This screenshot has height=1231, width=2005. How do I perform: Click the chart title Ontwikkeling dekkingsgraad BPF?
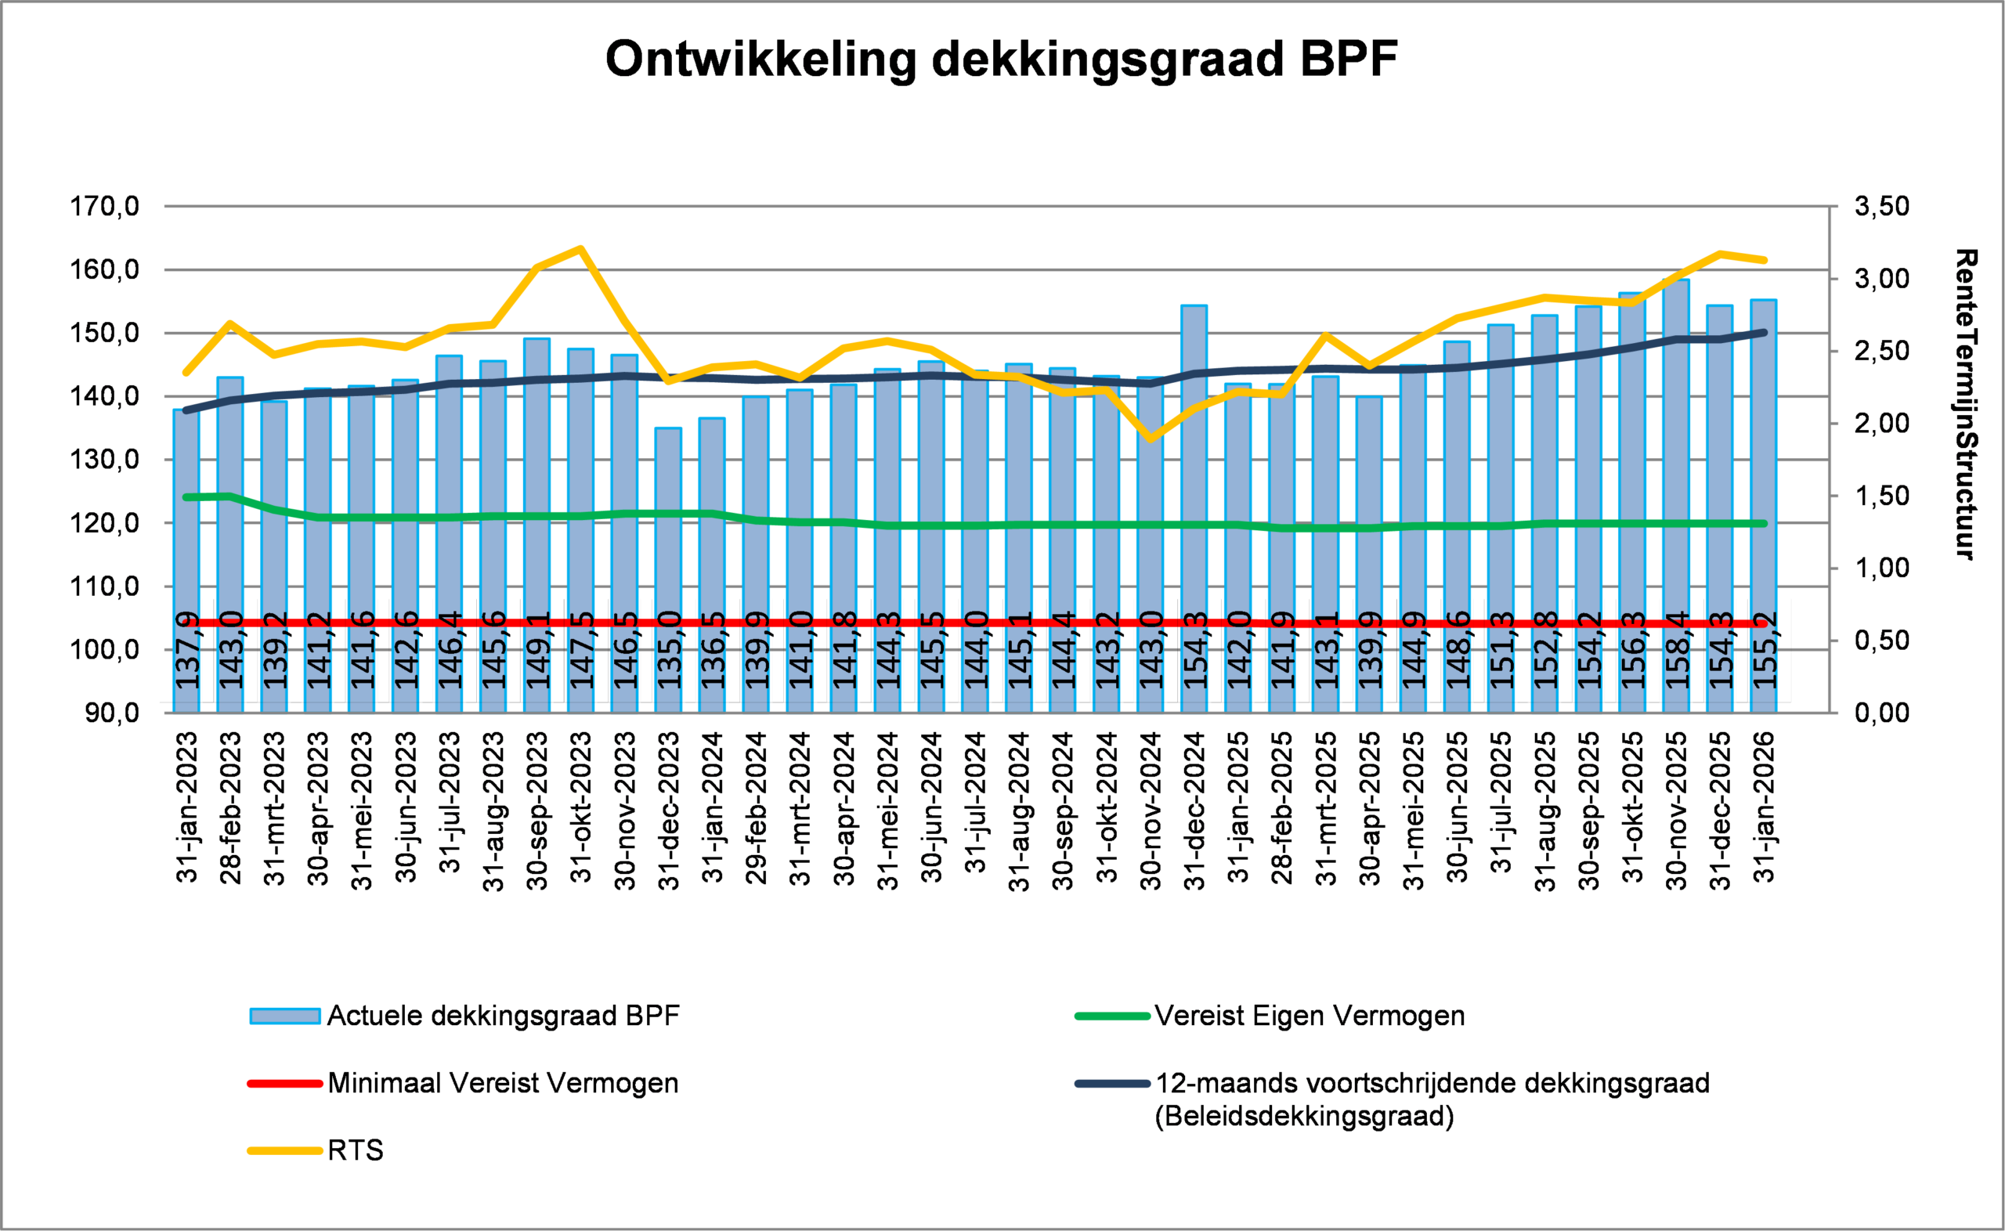(x=1001, y=60)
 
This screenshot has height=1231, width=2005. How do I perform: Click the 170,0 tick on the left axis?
(x=104, y=207)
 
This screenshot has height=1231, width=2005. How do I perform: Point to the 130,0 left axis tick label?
(x=104, y=460)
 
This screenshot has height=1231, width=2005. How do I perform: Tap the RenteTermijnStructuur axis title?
(x=1966, y=405)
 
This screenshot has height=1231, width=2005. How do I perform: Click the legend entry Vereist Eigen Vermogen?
(x=1309, y=1016)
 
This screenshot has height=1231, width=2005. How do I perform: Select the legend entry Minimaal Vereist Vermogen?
(x=502, y=1084)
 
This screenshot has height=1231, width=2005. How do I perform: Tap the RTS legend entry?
(x=355, y=1150)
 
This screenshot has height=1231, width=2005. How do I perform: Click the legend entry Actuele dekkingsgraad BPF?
(x=502, y=1016)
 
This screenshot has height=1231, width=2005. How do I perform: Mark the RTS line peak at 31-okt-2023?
(x=580, y=248)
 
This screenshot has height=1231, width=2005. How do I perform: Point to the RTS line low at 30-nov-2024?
(x=1151, y=439)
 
